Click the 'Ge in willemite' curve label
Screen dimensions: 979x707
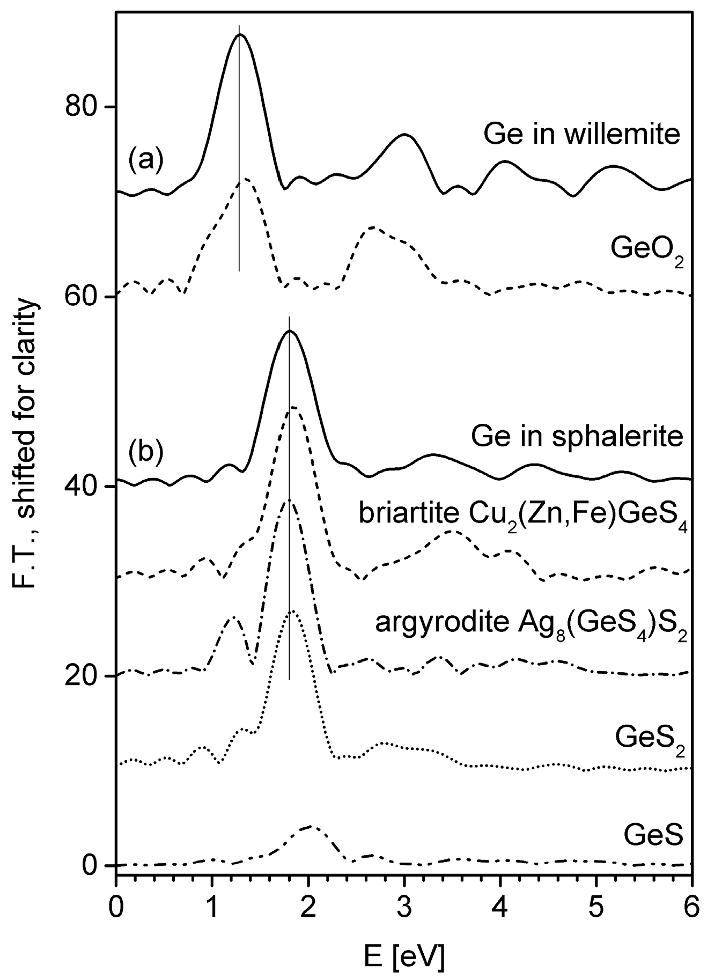point(581,135)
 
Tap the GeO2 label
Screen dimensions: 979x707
point(646,248)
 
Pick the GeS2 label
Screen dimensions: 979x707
point(651,739)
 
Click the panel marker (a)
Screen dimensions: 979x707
point(144,160)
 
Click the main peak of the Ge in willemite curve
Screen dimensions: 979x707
point(240,35)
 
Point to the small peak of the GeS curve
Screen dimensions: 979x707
point(311,827)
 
